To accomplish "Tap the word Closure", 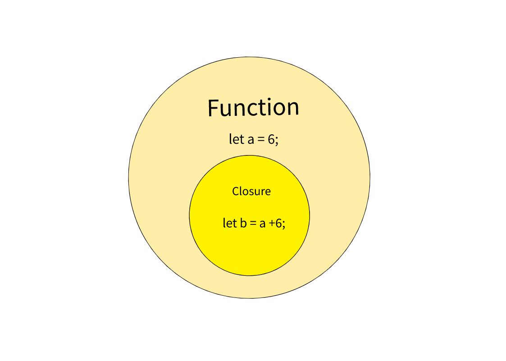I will (x=251, y=192).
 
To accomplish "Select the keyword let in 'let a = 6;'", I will (x=236, y=139).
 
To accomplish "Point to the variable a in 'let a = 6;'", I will (x=251, y=140).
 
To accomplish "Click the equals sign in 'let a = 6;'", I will (x=261, y=140).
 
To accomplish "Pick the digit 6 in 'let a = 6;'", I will (x=271, y=139).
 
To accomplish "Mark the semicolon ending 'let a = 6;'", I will (x=277, y=141).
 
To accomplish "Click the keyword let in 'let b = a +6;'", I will (x=229, y=223).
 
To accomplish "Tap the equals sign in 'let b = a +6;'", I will (x=253, y=223).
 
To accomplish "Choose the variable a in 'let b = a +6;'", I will (x=262, y=224).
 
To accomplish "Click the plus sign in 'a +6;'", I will (x=272, y=223).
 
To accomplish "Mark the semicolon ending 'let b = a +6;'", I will (x=284, y=224).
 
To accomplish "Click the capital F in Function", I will (x=213, y=108).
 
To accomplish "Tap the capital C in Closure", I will (x=235, y=192).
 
